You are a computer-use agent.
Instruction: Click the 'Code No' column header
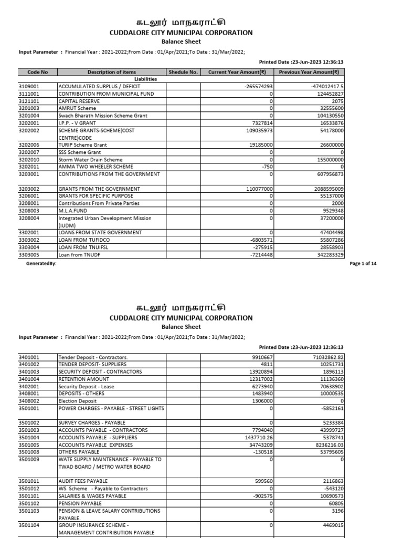point(37,72)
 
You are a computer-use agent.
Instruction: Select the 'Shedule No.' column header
point(183,72)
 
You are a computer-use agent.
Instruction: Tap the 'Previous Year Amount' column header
point(309,72)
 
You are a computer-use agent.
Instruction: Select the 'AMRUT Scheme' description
point(77,108)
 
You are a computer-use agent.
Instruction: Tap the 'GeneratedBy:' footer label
point(41,264)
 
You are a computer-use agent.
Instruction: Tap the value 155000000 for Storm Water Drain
point(326,160)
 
